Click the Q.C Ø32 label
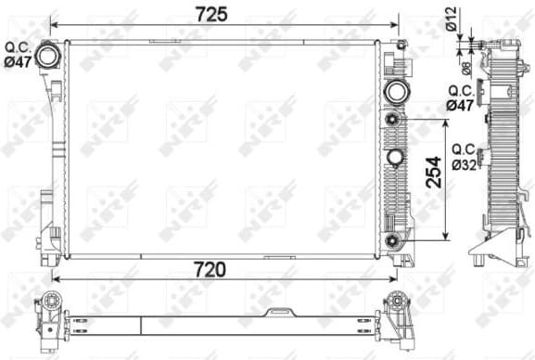tap(464, 158)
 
